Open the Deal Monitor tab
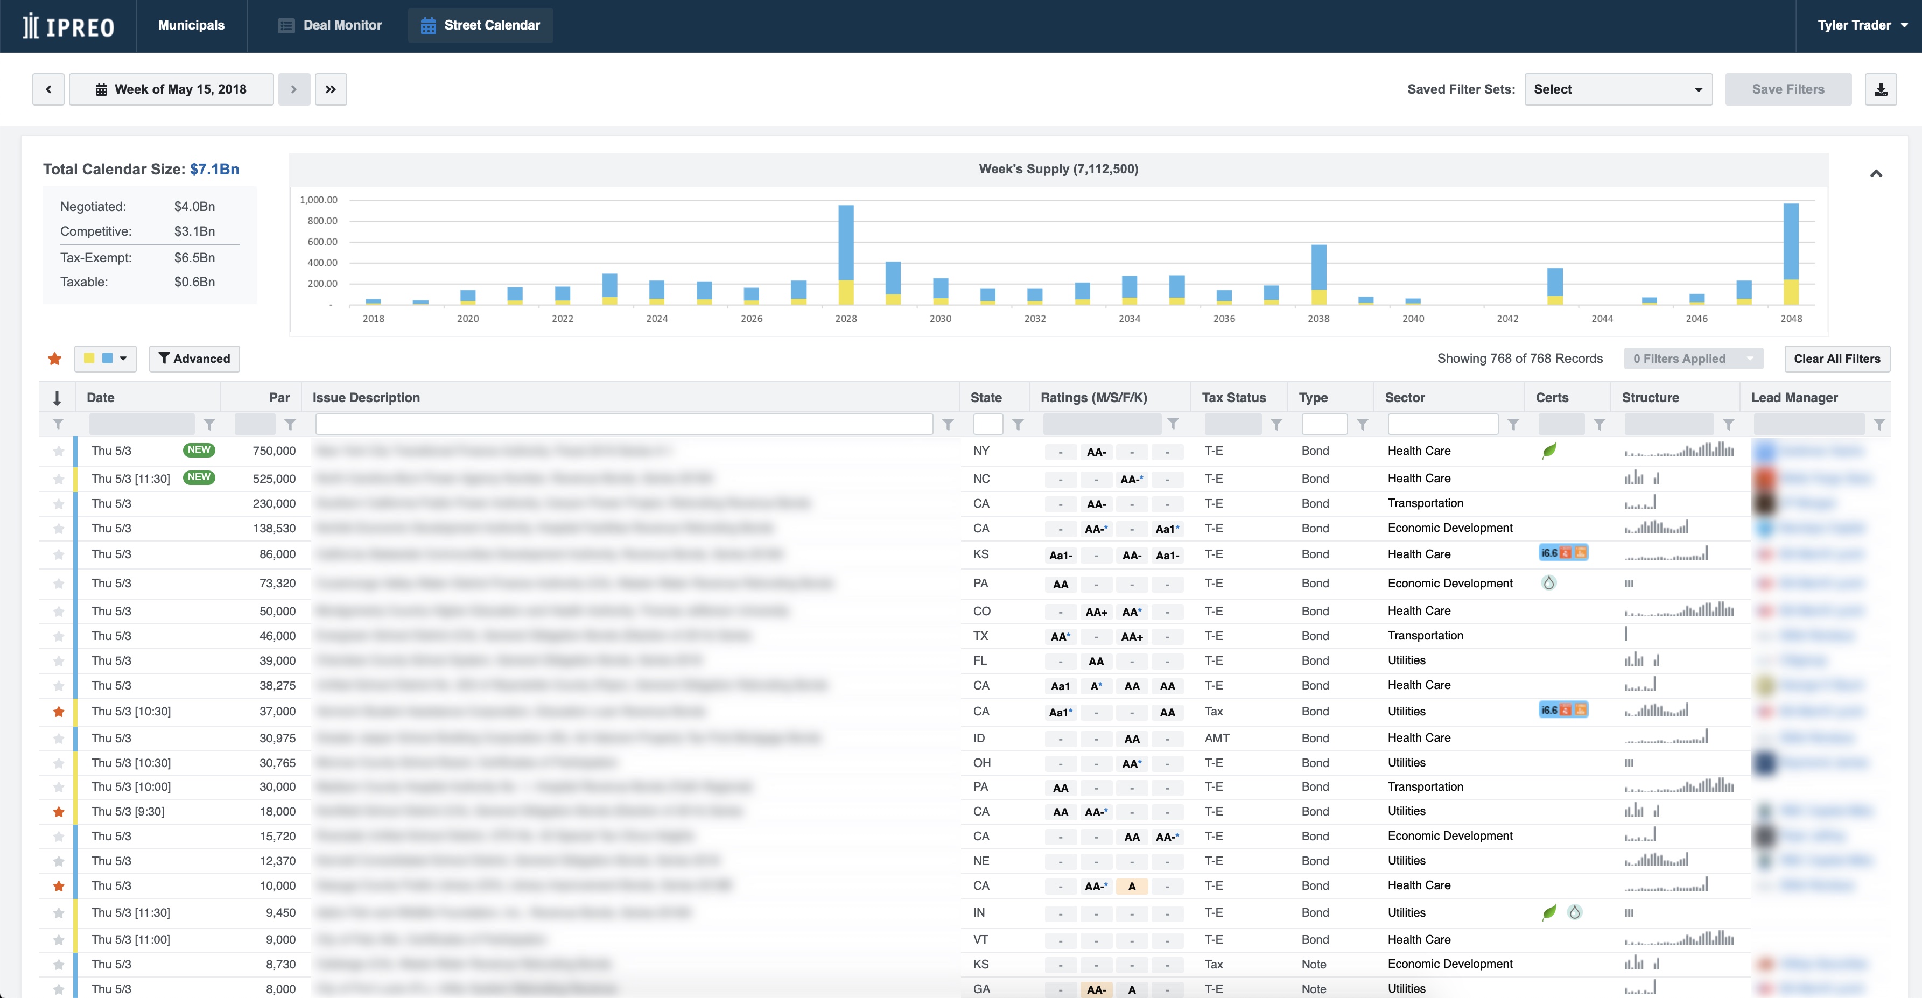coord(330,25)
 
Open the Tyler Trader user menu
coord(1862,25)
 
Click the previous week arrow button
coord(48,89)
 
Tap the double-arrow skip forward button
coord(331,89)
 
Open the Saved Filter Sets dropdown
coord(1618,89)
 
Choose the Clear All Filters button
coord(1836,359)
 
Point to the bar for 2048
coord(1791,254)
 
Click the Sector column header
coord(1404,398)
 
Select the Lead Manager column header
coord(1794,398)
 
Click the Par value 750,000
coord(274,451)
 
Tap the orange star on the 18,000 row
coord(59,812)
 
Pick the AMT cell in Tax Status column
coord(1217,737)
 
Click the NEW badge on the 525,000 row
coord(199,477)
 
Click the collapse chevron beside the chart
coord(1876,174)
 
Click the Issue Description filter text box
coord(624,424)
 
